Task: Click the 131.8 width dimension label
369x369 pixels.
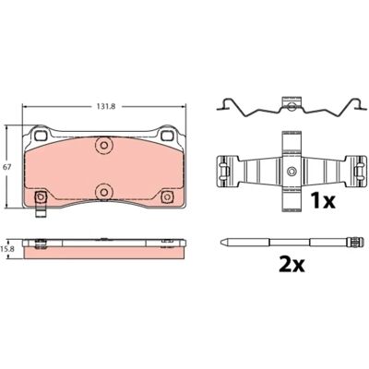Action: (104, 106)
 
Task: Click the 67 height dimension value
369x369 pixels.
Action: (6, 167)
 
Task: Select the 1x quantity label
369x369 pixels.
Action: (322, 200)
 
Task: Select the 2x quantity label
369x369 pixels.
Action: (292, 264)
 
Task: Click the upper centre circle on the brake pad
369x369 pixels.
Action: (104, 145)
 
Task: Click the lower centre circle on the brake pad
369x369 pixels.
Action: (104, 193)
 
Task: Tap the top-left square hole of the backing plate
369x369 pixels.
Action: (41, 135)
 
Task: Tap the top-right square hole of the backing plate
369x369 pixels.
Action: (167, 135)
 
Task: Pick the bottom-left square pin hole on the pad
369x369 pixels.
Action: (41, 196)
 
